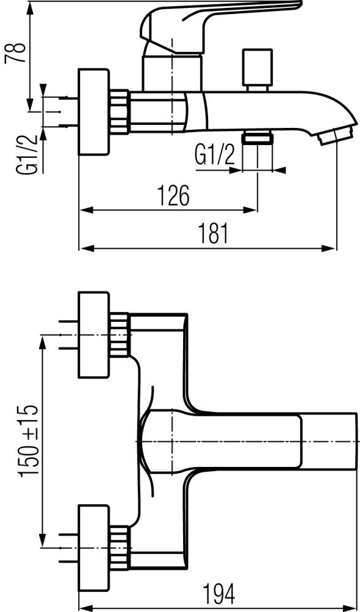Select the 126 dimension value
pyautogui.click(x=173, y=195)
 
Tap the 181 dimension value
pyautogui.click(x=213, y=233)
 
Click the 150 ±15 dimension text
pyautogui.click(x=29, y=440)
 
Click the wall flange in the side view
pyautogui.click(x=94, y=112)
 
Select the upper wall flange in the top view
pyautogui.click(x=94, y=335)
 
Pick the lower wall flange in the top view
pyautogui.click(x=94, y=548)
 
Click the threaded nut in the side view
pyautogui.click(x=119, y=111)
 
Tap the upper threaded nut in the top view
pyautogui.click(x=119, y=335)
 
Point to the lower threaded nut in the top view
pyautogui.click(x=119, y=548)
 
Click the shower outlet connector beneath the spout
pyautogui.click(x=257, y=138)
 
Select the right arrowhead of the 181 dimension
pyautogui.click(x=329, y=248)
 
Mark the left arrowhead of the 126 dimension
pyautogui.click(x=87, y=211)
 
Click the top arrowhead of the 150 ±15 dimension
pyautogui.click(x=43, y=343)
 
